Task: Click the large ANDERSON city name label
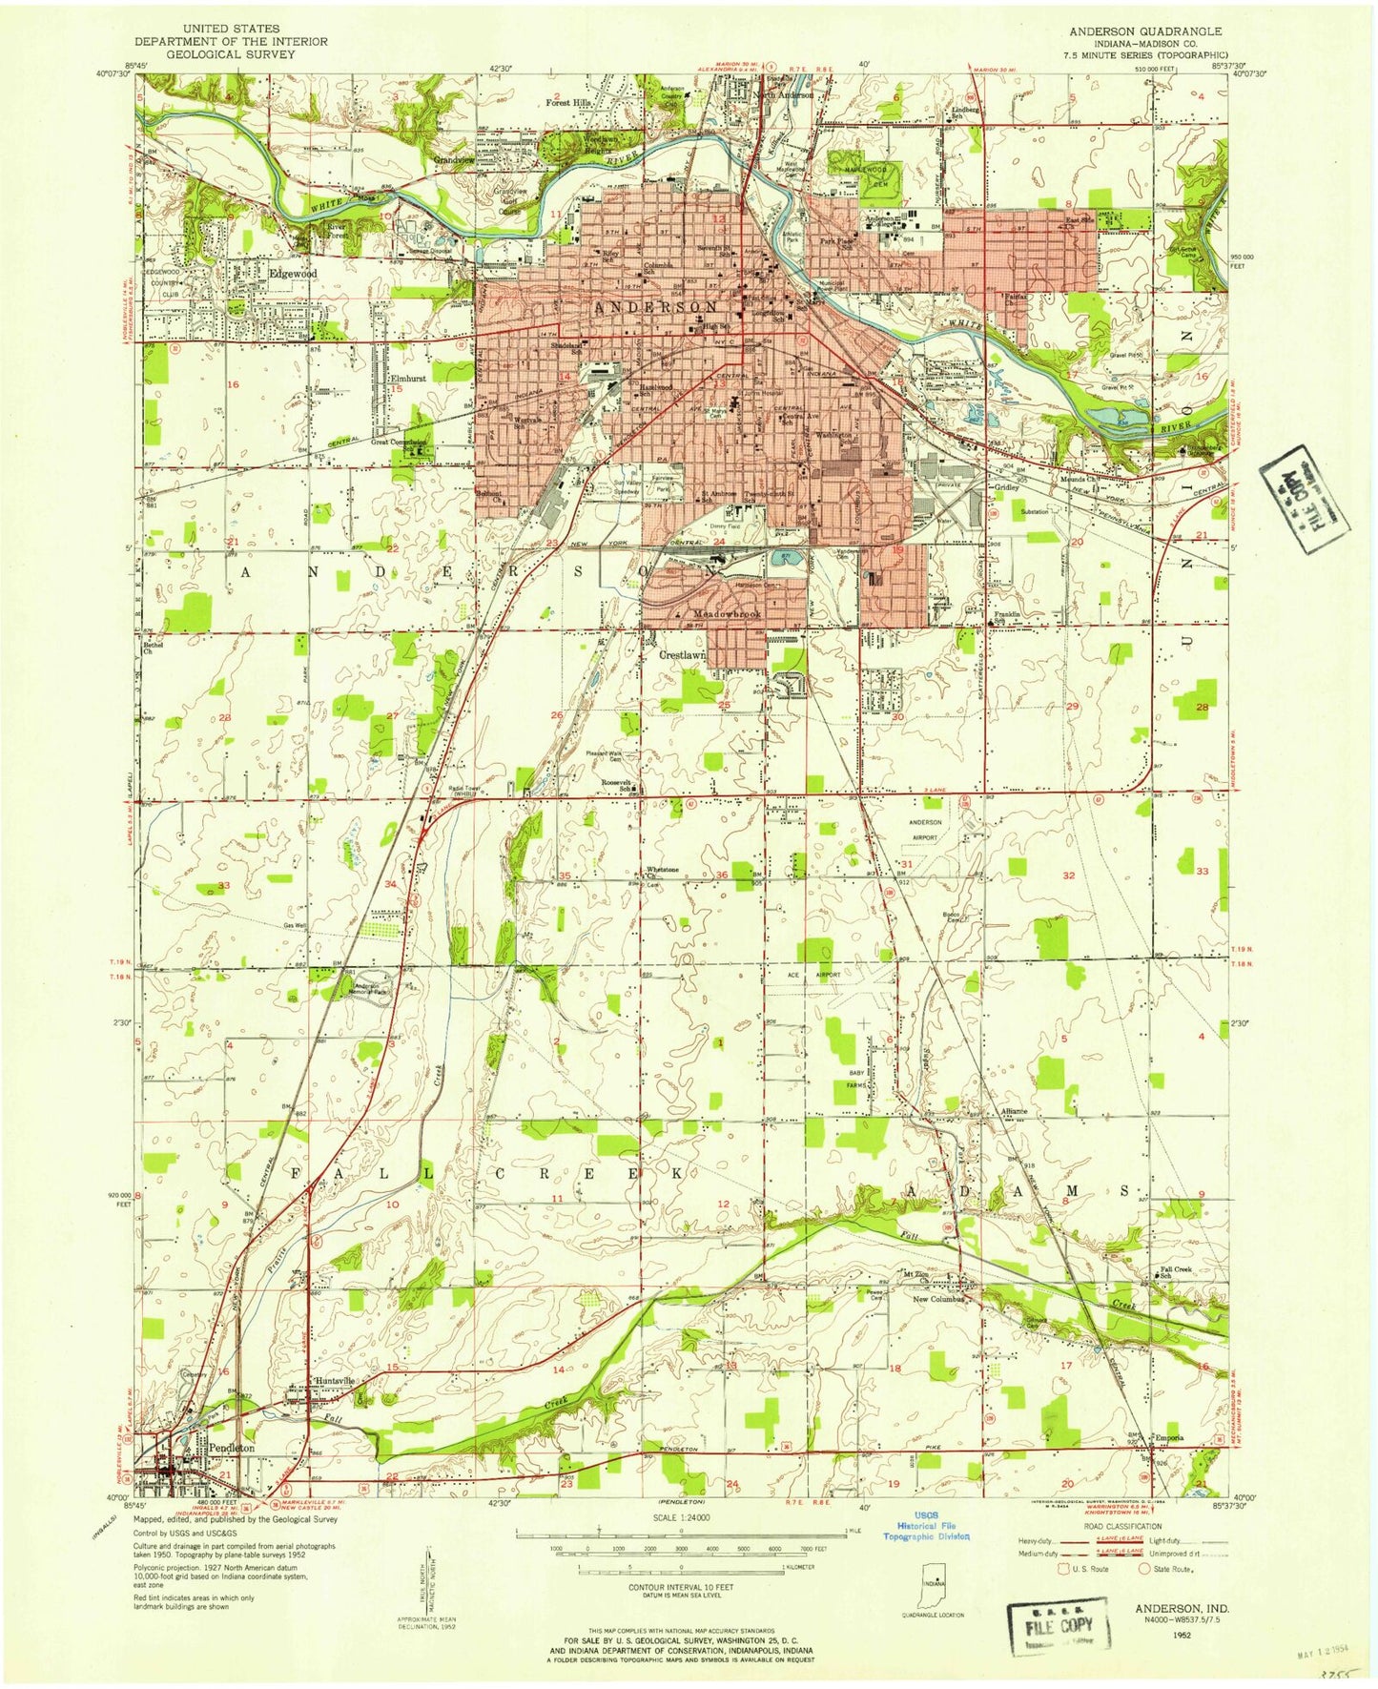pyautogui.click(x=656, y=307)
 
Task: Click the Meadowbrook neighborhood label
pyautogui.click(x=727, y=615)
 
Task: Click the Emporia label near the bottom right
pyautogui.click(x=1168, y=1438)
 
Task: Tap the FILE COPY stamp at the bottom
pyautogui.click(x=1059, y=1626)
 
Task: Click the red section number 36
pyautogui.click(x=722, y=875)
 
